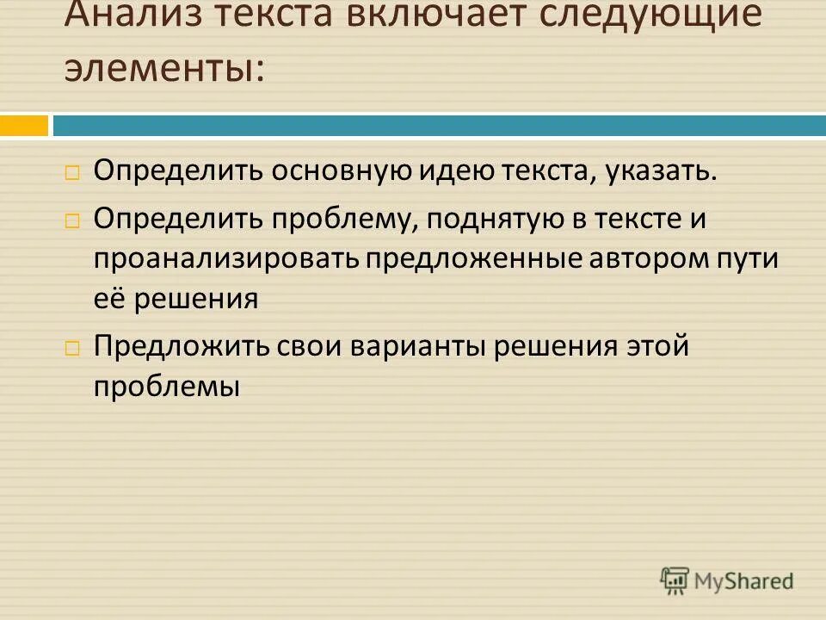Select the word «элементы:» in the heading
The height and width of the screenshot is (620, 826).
click(164, 68)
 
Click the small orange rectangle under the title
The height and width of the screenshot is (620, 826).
click(24, 126)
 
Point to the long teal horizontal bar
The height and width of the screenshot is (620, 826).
click(439, 126)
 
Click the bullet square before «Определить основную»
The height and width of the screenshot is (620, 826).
click(72, 171)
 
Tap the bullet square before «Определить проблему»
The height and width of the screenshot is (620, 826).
click(72, 220)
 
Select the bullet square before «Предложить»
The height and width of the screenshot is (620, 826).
click(72, 348)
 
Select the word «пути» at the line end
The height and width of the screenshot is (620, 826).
click(748, 259)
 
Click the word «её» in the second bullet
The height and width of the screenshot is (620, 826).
click(113, 298)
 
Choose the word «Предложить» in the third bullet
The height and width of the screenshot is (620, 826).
click(180, 346)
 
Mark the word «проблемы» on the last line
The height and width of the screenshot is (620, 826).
click(166, 387)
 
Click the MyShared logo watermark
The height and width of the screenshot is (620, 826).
click(727, 580)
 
